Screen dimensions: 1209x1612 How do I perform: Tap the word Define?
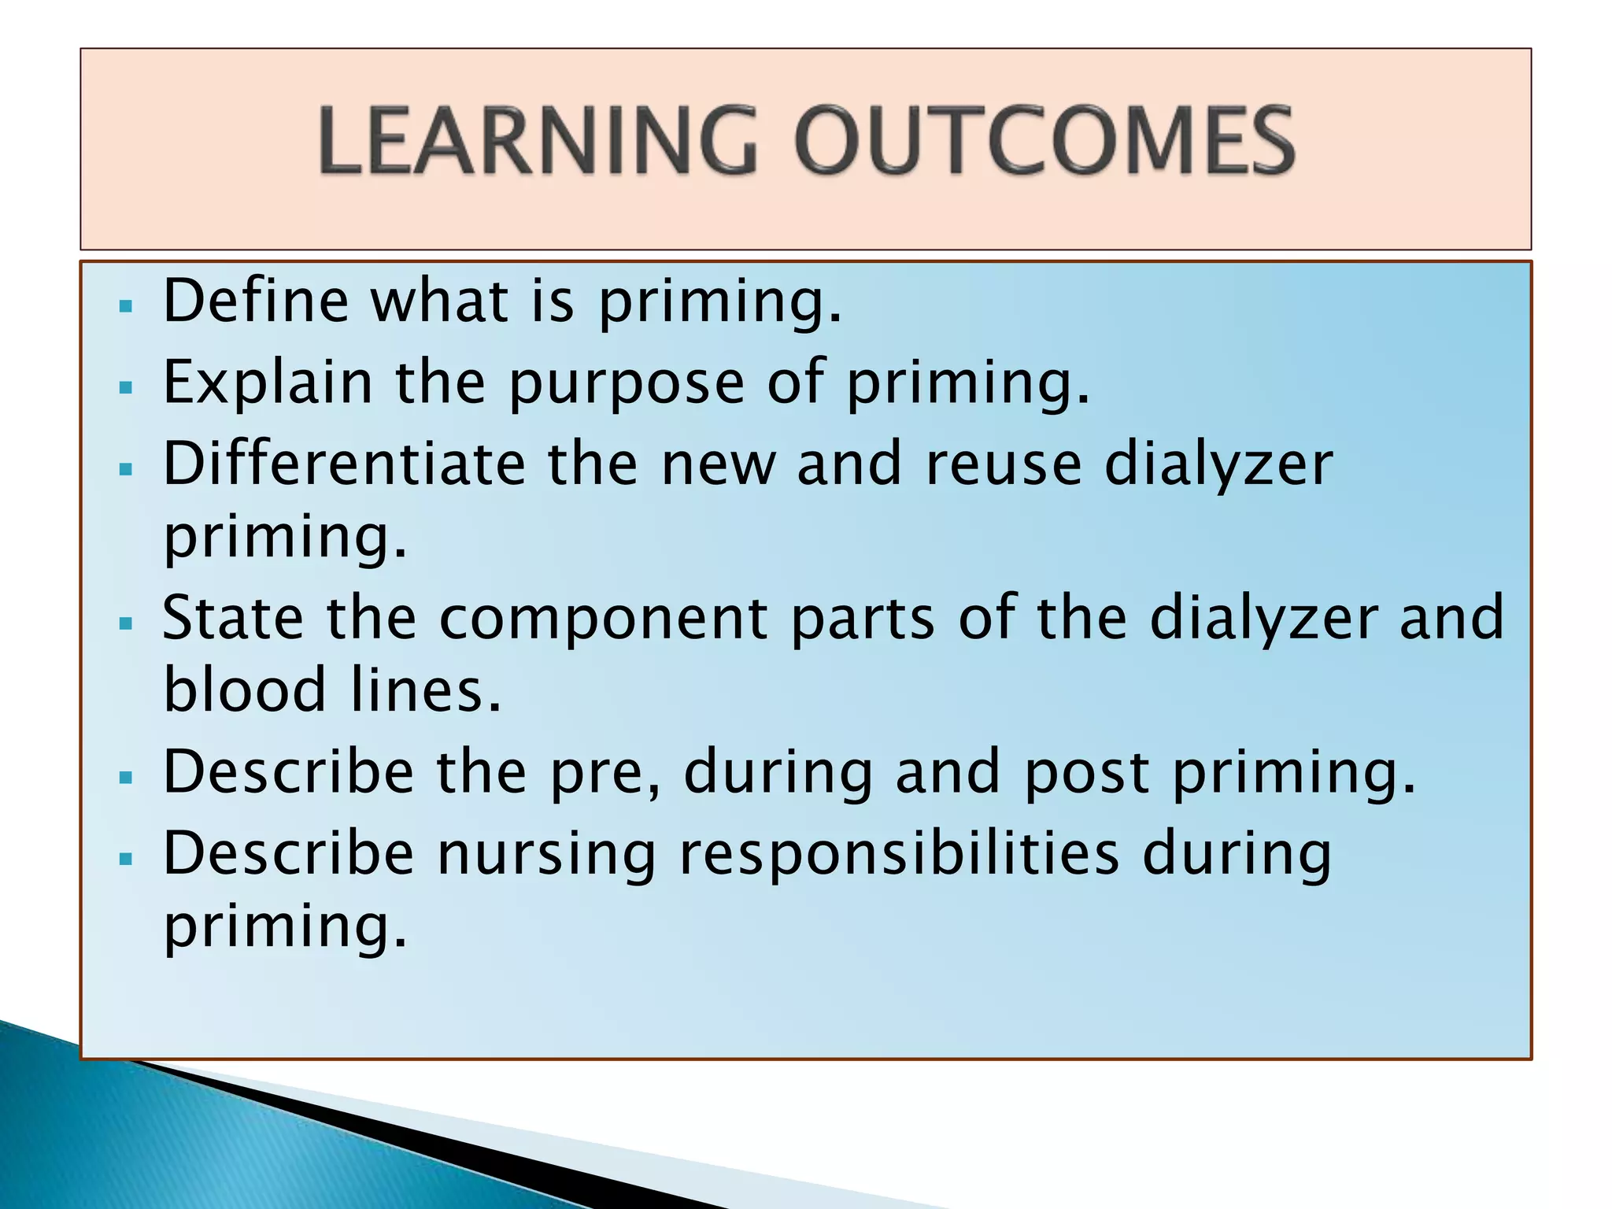[256, 301]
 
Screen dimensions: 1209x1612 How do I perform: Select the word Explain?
[268, 383]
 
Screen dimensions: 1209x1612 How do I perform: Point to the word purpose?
[627, 383]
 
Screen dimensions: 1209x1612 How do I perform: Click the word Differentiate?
[344, 464]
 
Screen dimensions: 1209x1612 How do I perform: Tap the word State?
[233, 618]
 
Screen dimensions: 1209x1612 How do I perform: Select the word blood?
[245, 691]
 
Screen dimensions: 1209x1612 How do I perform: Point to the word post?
[1086, 773]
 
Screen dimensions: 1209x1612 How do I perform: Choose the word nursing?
[546, 856]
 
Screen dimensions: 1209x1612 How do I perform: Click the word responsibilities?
[898, 854]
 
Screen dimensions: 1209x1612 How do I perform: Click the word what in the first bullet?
[439, 301]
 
